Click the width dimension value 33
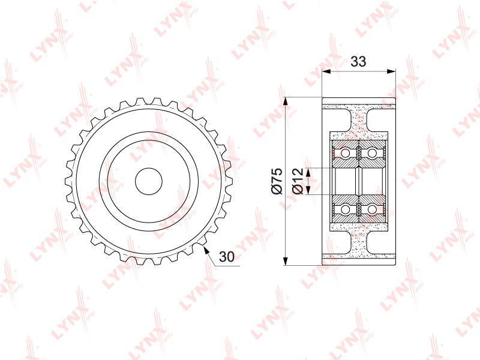tap(358, 62)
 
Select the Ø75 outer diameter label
tap(277, 181)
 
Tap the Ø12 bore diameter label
tap(298, 181)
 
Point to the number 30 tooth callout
tap(227, 257)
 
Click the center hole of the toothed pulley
tap(148, 181)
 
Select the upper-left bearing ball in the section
tap(346, 152)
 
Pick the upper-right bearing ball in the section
tap(371, 152)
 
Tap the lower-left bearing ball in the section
tap(346, 209)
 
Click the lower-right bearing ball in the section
tap(371, 209)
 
